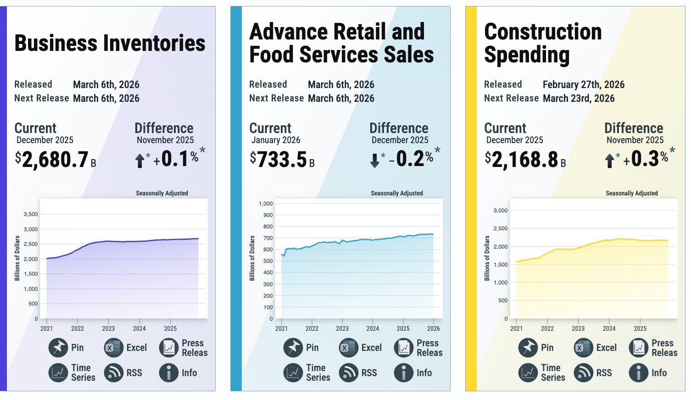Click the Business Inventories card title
tap(110, 43)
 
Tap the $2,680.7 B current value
tap(55, 160)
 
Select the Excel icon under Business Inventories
tap(113, 348)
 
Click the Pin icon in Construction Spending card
tap(528, 348)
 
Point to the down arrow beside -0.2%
tap(375, 160)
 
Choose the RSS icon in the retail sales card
tap(348, 373)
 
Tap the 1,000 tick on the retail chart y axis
tap(266, 204)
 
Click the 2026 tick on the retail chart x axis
tap(433, 328)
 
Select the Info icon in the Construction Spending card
tap(638, 373)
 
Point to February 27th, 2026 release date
tap(583, 84)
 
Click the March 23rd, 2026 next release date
tap(578, 98)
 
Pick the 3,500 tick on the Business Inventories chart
tap(31, 214)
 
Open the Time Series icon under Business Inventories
tap(58, 373)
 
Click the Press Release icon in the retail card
tap(404, 348)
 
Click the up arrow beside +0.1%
tap(140, 160)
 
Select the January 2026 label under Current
tap(276, 140)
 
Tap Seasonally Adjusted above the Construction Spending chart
tap(631, 193)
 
